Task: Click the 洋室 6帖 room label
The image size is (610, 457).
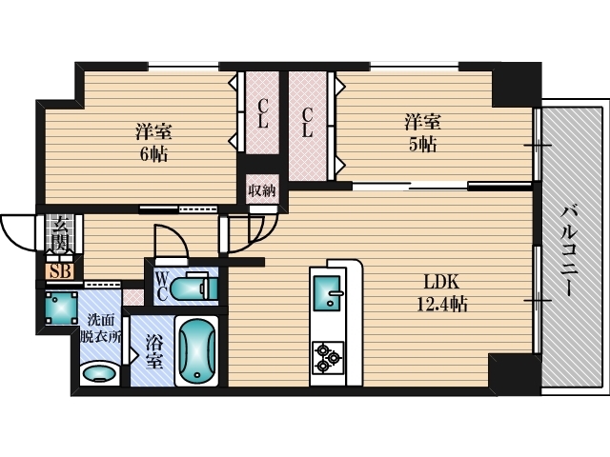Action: click(x=153, y=143)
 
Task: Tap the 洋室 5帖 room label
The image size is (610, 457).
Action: click(x=422, y=133)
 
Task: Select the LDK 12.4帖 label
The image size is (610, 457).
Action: click(x=442, y=293)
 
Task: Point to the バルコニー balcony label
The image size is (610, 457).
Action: click(x=568, y=251)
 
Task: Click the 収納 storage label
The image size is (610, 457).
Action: click(x=262, y=190)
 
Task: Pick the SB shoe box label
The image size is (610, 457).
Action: click(x=61, y=271)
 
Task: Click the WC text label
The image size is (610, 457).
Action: click(x=162, y=287)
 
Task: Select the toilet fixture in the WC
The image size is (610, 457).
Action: click(x=193, y=287)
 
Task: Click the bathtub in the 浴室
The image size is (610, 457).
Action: click(x=197, y=351)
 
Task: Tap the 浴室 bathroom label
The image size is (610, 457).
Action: click(x=153, y=351)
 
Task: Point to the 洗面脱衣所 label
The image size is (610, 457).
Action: click(x=100, y=328)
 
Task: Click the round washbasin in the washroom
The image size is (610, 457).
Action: click(x=99, y=373)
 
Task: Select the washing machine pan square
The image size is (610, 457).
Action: click(x=61, y=308)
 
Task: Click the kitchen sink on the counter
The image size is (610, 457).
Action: click(x=328, y=293)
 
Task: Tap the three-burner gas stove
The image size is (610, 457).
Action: click(x=327, y=357)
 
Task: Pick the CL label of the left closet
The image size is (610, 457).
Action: click(x=263, y=113)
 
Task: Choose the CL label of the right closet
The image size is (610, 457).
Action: click(x=307, y=122)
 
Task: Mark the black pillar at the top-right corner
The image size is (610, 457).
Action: click(x=517, y=85)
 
